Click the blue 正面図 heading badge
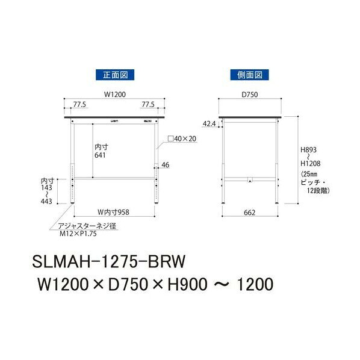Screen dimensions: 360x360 (115, 75)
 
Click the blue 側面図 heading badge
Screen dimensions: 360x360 (250, 75)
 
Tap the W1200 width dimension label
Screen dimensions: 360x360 (115, 95)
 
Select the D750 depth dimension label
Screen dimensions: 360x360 (250, 95)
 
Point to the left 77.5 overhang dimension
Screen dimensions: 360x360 (79, 105)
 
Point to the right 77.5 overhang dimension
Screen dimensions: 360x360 (148, 105)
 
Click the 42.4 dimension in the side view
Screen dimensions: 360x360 (209, 124)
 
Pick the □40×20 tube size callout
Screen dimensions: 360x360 (182, 138)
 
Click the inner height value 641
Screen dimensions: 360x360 (100, 155)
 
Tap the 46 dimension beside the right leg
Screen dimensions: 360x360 (166, 165)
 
